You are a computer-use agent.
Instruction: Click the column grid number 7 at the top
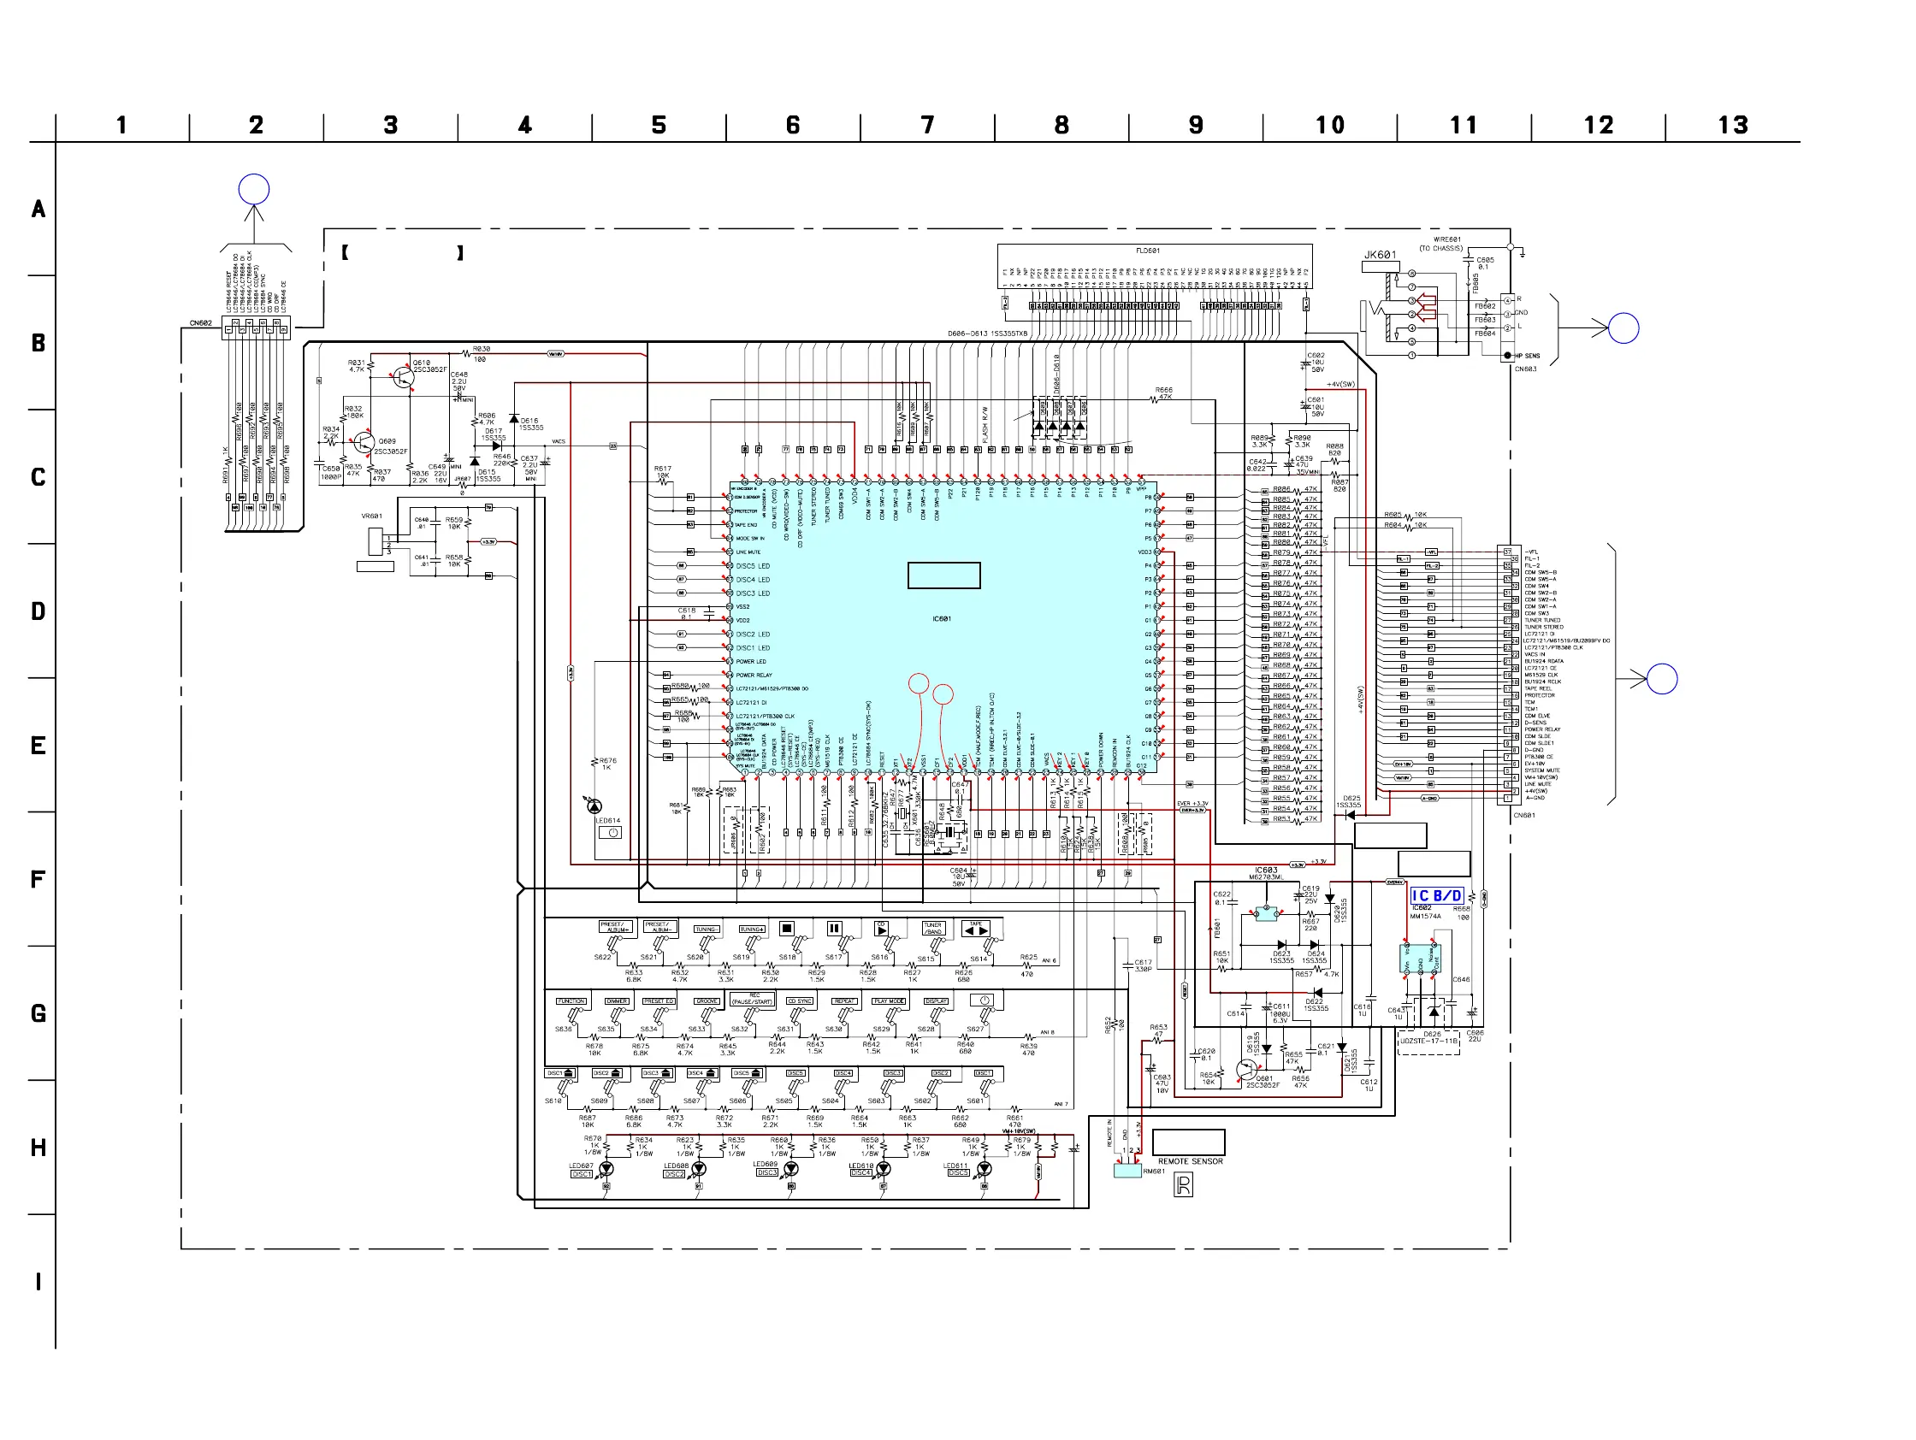tap(927, 126)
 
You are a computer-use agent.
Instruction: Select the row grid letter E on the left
tap(38, 746)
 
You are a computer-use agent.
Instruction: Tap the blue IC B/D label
tap(1436, 895)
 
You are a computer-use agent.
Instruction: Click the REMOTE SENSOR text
tap(1190, 1161)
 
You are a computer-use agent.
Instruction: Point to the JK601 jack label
tap(1380, 255)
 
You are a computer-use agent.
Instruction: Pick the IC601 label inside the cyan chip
tap(942, 618)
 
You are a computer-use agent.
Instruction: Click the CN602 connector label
tap(201, 323)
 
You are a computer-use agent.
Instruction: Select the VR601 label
tap(371, 516)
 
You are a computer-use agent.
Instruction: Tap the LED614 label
tap(607, 820)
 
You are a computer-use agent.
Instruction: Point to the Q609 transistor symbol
tap(364, 443)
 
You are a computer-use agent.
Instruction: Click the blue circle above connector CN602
tap(254, 189)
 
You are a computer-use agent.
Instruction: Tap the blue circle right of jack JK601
tap(1623, 328)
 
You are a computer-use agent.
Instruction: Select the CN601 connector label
tap(1523, 815)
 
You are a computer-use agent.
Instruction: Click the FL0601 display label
tap(1148, 251)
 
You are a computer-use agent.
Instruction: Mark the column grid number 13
tap(1732, 126)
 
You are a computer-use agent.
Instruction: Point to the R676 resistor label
tap(607, 760)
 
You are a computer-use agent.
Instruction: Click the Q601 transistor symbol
tap(1246, 1070)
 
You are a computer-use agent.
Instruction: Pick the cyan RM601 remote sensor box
tap(1127, 1171)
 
